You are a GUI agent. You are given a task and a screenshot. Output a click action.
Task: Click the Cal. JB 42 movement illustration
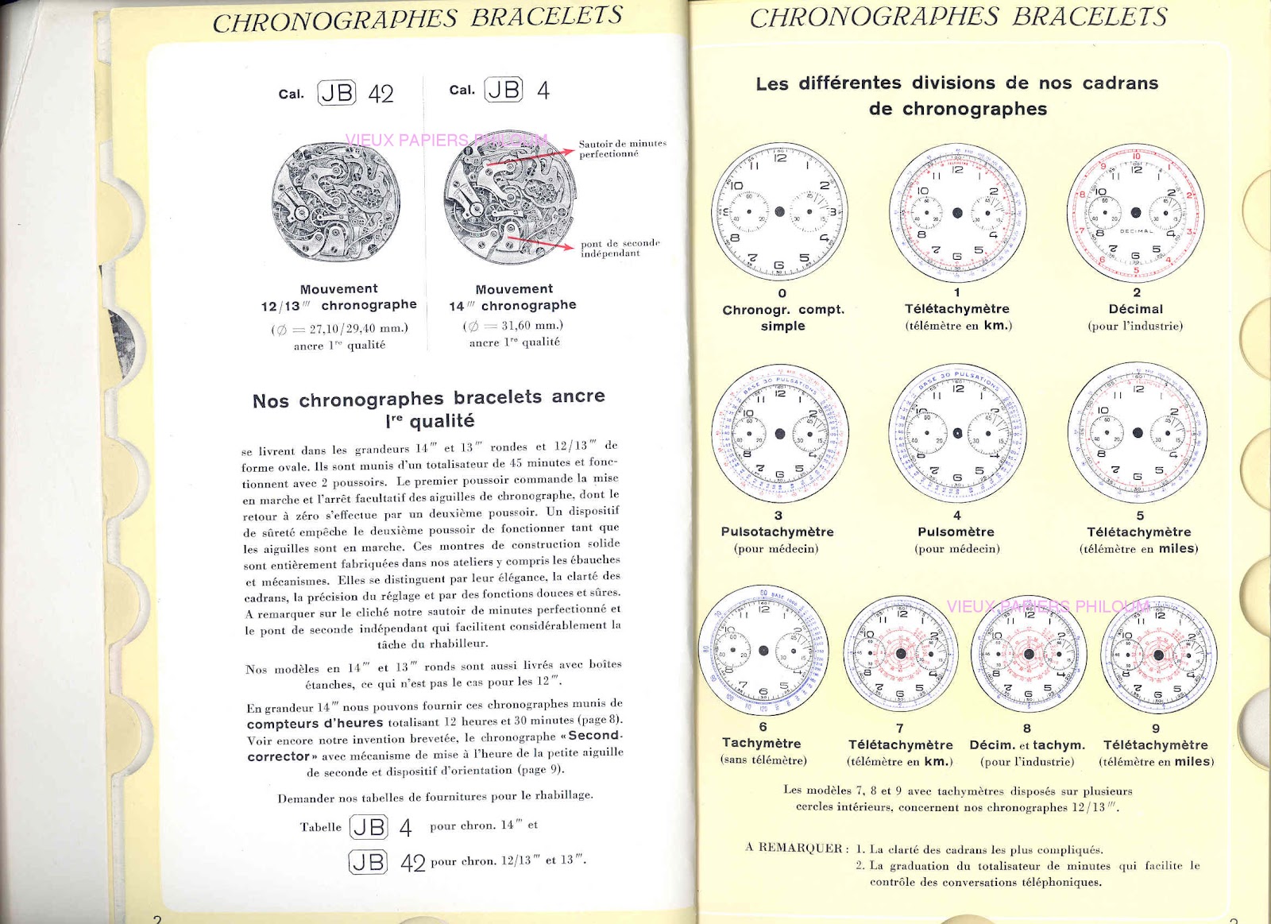click(335, 203)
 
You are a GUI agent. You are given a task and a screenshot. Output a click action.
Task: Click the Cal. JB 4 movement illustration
click(510, 198)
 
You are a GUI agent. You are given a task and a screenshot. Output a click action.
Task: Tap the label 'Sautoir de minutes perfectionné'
click(622, 149)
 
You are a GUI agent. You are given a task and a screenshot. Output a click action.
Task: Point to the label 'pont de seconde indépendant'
click(620, 248)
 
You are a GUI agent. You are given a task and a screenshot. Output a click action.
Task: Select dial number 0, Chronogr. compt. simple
click(779, 211)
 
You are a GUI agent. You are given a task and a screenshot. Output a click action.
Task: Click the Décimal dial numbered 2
click(1136, 213)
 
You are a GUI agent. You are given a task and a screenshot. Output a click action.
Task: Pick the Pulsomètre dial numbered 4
click(957, 433)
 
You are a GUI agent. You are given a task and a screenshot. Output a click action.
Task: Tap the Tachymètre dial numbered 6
click(763, 650)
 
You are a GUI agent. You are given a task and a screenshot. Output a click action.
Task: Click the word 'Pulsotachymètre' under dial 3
click(777, 532)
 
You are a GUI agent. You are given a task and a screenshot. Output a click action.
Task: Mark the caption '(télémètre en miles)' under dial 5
click(1138, 548)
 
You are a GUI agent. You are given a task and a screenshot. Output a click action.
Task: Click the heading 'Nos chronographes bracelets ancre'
click(428, 398)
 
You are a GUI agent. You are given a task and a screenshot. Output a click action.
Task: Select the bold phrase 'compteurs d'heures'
click(315, 723)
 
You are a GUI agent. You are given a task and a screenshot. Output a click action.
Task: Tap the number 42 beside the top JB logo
click(381, 94)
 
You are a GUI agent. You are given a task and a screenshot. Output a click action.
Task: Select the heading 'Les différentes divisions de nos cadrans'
click(956, 83)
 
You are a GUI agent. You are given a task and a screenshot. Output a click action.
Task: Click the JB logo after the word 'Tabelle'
click(369, 827)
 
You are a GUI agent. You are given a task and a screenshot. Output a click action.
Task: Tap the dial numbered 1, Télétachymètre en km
click(957, 213)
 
